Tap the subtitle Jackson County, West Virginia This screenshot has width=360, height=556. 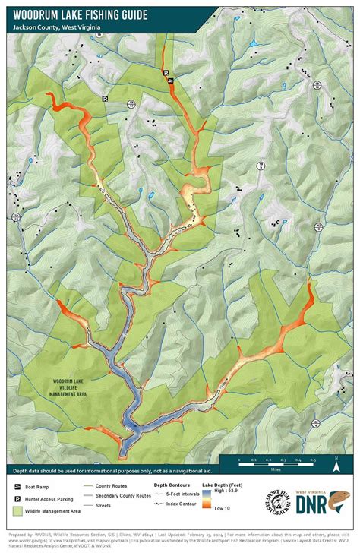click(58, 27)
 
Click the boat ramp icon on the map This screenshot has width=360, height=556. click(172, 80)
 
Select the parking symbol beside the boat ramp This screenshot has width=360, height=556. click(165, 72)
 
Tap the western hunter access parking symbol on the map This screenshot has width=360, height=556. click(106, 100)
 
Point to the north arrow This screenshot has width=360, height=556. click(335, 459)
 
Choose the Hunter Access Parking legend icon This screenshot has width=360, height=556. click(17, 498)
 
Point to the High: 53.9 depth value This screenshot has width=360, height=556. click(223, 493)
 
